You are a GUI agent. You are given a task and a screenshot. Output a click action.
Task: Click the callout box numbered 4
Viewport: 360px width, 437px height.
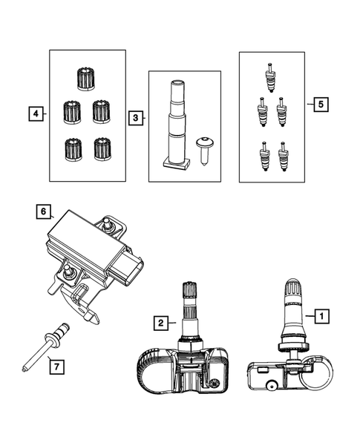click(36, 114)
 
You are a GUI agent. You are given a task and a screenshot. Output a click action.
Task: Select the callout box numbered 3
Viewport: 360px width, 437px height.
click(136, 118)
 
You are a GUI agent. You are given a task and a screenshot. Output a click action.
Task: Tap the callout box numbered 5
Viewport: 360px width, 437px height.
click(321, 104)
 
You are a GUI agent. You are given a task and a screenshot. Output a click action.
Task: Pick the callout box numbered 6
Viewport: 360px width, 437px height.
click(44, 211)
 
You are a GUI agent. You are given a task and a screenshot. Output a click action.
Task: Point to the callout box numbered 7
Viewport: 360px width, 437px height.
click(57, 367)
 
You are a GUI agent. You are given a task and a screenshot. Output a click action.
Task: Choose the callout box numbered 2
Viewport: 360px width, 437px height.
click(161, 323)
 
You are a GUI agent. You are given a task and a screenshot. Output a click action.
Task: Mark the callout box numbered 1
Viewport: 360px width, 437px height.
click(322, 316)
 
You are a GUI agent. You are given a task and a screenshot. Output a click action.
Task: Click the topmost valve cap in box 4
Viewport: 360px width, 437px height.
click(85, 79)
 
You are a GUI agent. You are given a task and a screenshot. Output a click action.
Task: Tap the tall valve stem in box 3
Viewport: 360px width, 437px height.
click(176, 125)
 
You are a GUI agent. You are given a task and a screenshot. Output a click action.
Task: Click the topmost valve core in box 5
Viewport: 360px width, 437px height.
click(270, 77)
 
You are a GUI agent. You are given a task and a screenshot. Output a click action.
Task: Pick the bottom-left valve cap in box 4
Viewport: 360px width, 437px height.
click(73, 150)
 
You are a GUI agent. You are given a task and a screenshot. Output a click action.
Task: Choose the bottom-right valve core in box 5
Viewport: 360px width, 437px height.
click(283, 157)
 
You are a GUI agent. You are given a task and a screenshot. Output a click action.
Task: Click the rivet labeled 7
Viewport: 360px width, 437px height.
click(46, 346)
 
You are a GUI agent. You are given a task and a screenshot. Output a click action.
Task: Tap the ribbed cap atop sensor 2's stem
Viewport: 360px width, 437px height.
click(189, 290)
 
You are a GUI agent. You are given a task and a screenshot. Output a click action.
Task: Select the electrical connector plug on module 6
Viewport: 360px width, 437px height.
click(126, 269)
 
